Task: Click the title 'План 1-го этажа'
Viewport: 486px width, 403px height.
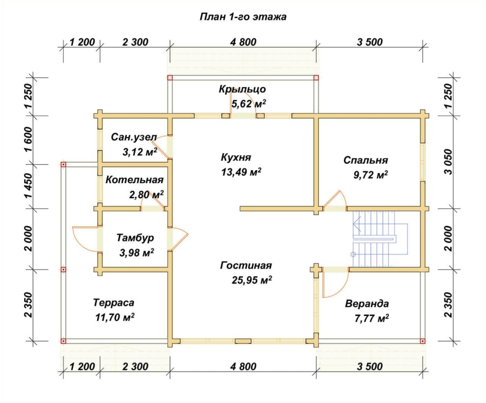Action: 243,16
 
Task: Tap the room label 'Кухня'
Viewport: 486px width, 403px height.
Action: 235,157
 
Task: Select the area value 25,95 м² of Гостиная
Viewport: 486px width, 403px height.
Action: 252,280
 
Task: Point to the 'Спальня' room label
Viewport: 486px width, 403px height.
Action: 366,160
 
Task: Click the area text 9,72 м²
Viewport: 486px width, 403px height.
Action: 370,175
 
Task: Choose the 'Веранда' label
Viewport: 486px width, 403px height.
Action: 367,304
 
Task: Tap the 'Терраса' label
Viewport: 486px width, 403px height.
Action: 114,303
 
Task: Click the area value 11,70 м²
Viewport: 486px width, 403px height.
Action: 115,317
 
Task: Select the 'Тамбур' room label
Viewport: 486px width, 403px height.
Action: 135,238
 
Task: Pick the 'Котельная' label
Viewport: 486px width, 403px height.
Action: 134,180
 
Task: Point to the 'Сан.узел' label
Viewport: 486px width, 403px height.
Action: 134,137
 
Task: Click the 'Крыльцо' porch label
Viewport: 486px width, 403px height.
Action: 242,89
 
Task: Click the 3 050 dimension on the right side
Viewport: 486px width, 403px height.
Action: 449,162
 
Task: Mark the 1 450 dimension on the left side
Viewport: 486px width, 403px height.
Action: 29,186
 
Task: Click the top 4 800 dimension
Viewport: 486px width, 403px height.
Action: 244,42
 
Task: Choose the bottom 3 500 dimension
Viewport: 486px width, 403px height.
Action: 370,367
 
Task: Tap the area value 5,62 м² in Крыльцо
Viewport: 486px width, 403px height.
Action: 248,104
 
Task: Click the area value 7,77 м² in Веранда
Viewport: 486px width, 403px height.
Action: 372,318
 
